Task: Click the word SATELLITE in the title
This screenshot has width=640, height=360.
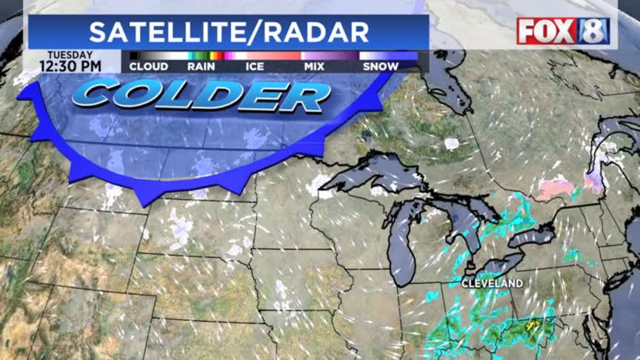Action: pyautogui.click(x=171, y=32)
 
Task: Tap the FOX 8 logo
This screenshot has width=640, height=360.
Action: pyautogui.click(x=563, y=31)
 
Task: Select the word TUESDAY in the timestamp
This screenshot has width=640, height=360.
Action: pyautogui.click(x=71, y=55)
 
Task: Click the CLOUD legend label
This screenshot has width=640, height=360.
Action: pyautogui.click(x=148, y=67)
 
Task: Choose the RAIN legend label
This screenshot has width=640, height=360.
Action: pyautogui.click(x=201, y=67)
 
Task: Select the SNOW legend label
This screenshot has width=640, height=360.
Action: pyautogui.click(x=381, y=67)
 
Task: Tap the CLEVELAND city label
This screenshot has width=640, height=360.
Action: pyautogui.click(x=492, y=283)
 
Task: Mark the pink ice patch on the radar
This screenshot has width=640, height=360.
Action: pyautogui.click(x=555, y=188)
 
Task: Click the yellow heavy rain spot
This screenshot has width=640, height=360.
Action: pyautogui.click(x=530, y=324)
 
